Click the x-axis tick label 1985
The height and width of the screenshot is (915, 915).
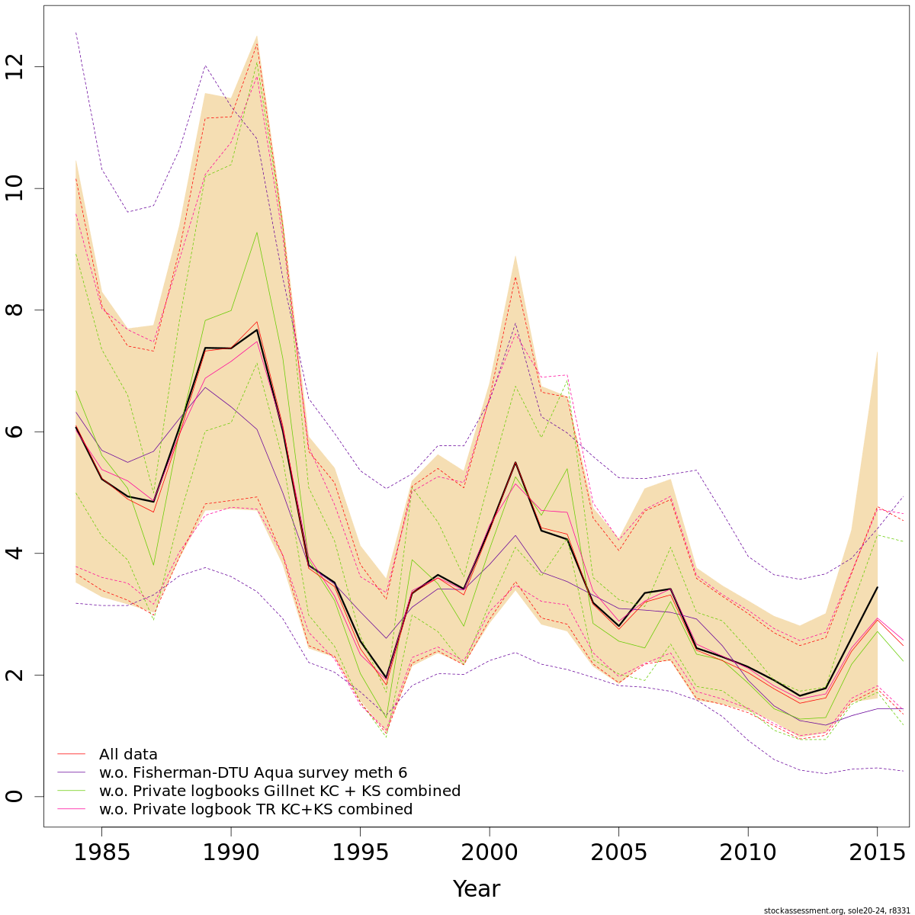(x=101, y=852)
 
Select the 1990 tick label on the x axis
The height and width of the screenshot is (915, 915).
(x=230, y=852)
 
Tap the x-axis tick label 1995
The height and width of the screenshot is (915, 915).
(x=360, y=852)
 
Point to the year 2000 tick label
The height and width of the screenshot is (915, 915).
(x=489, y=852)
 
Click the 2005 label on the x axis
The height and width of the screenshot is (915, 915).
(x=618, y=852)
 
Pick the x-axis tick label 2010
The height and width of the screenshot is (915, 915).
(x=747, y=852)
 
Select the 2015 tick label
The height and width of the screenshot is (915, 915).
(x=877, y=852)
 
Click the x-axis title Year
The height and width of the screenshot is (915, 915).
(x=477, y=889)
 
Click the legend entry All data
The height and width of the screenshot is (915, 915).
(x=128, y=755)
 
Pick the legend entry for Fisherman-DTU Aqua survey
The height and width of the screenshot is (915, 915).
(x=253, y=773)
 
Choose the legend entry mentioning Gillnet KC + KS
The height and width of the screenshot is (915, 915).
(x=280, y=791)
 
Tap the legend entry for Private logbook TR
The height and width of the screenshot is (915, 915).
(x=255, y=810)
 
